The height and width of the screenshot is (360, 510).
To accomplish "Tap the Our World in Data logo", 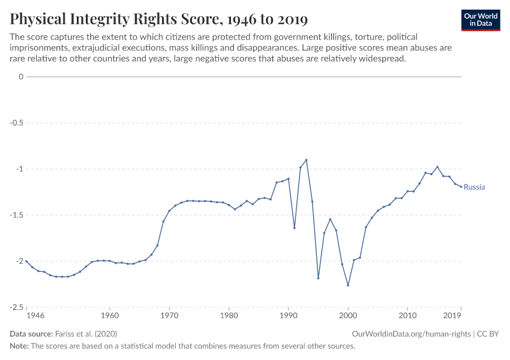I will point(480,20).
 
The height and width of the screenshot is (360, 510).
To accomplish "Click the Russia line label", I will point(474,187).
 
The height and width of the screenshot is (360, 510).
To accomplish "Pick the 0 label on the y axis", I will point(21,77).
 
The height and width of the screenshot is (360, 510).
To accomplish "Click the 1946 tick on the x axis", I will point(35,315).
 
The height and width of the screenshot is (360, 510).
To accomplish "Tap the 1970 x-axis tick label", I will point(169,315).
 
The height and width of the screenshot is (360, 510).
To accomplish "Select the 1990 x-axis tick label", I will point(289,315).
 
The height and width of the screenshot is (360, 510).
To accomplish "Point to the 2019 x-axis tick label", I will point(452,315).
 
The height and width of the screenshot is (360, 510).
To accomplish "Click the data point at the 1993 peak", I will point(306,160).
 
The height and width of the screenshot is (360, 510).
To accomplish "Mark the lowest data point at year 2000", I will point(348,285).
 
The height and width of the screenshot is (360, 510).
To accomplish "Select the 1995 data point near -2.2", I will point(318,278).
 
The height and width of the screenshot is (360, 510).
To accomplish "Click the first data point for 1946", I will point(26,262).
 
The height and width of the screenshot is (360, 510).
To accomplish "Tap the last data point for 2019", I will point(461,187).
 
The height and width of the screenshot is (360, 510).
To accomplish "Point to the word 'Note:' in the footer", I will point(20,346).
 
